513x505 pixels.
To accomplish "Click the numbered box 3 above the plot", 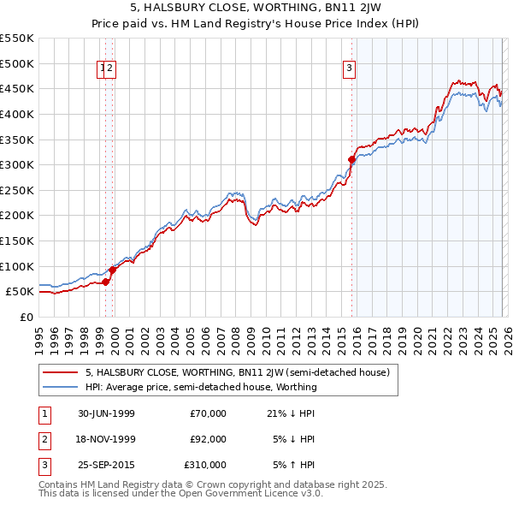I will [350, 70].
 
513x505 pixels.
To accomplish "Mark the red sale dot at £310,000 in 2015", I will [351, 159].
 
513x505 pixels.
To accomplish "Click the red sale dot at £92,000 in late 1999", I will [113, 270].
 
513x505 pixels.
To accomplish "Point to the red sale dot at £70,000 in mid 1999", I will [106, 281].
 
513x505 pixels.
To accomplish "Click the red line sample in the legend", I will [61, 372].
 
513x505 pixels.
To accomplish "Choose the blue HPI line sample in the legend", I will [61, 387].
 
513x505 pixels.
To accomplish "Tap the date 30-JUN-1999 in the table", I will [106, 413].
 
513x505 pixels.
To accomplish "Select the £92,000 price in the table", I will [208, 439].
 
